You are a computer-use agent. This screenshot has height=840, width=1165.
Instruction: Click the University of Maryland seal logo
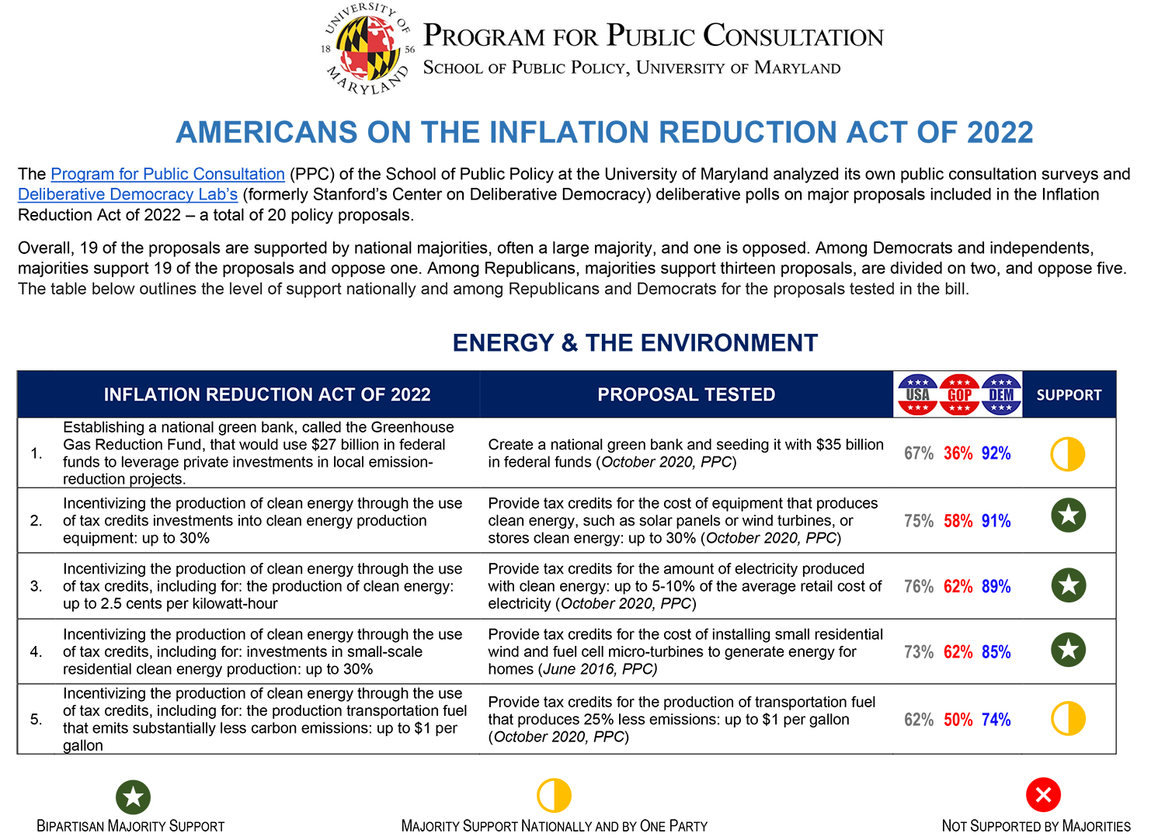click(367, 49)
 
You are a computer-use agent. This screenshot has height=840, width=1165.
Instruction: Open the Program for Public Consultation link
click(167, 174)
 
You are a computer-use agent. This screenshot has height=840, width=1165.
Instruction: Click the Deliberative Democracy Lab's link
click(127, 194)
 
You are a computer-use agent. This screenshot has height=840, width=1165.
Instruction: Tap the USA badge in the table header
click(917, 394)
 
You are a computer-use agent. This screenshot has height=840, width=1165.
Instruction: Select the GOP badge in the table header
click(959, 394)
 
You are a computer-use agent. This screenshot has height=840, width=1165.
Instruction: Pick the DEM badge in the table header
click(1001, 394)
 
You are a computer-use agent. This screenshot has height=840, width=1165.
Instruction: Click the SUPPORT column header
click(1069, 394)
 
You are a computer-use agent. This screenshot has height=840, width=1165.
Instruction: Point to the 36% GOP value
click(958, 453)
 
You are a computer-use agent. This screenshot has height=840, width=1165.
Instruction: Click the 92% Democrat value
click(996, 453)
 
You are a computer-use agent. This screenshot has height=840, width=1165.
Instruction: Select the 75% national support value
click(919, 521)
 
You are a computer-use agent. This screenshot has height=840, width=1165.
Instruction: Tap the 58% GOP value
click(958, 521)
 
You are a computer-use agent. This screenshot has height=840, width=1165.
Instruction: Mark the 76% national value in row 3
click(919, 586)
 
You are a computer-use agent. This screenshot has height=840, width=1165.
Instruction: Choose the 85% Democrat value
click(996, 652)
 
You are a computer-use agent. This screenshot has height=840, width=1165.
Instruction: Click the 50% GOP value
click(958, 720)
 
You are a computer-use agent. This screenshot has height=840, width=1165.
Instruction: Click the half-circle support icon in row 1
click(1068, 454)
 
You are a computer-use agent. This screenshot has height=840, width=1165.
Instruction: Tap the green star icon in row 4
click(1068, 650)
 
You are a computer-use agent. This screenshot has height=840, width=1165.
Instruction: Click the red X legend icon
click(1043, 794)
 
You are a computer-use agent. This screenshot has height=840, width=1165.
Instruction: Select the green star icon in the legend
click(133, 797)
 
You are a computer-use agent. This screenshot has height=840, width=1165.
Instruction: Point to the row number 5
click(37, 720)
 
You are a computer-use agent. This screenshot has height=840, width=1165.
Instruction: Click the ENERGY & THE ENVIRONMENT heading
click(635, 343)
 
